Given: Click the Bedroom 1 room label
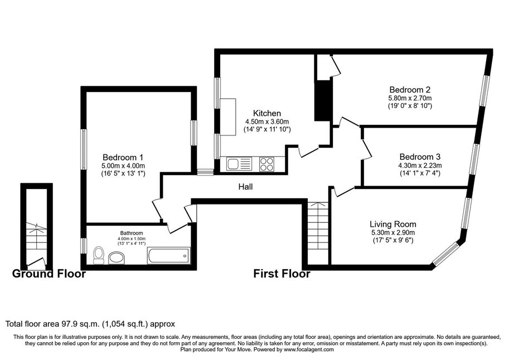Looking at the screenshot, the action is (x=123, y=157).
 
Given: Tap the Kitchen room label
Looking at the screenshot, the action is (x=267, y=113).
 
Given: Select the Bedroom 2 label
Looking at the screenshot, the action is (x=410, y=89).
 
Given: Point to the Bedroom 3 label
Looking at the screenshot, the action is (x=420, y=157).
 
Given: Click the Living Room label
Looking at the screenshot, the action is (x=393, y=225).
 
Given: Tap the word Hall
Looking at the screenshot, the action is (x=245, y=187).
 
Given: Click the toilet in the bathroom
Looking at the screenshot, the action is (x=99, y=255).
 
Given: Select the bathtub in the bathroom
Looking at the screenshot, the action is (x=169, y=255).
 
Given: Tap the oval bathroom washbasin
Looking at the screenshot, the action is (x=116, y=257).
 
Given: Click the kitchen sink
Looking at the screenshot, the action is (x=239, y=163).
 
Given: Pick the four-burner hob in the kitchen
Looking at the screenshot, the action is (x=267, y=164).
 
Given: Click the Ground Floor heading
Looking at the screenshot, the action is (x=49, y=274).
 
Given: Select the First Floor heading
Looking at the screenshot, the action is (x=282, y=274).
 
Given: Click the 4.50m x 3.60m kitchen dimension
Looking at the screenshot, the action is (x=267, y=122).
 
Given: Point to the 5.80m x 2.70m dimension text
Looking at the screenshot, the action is (x=410, y=98).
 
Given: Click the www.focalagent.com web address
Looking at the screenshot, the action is (x=309, y=349).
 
